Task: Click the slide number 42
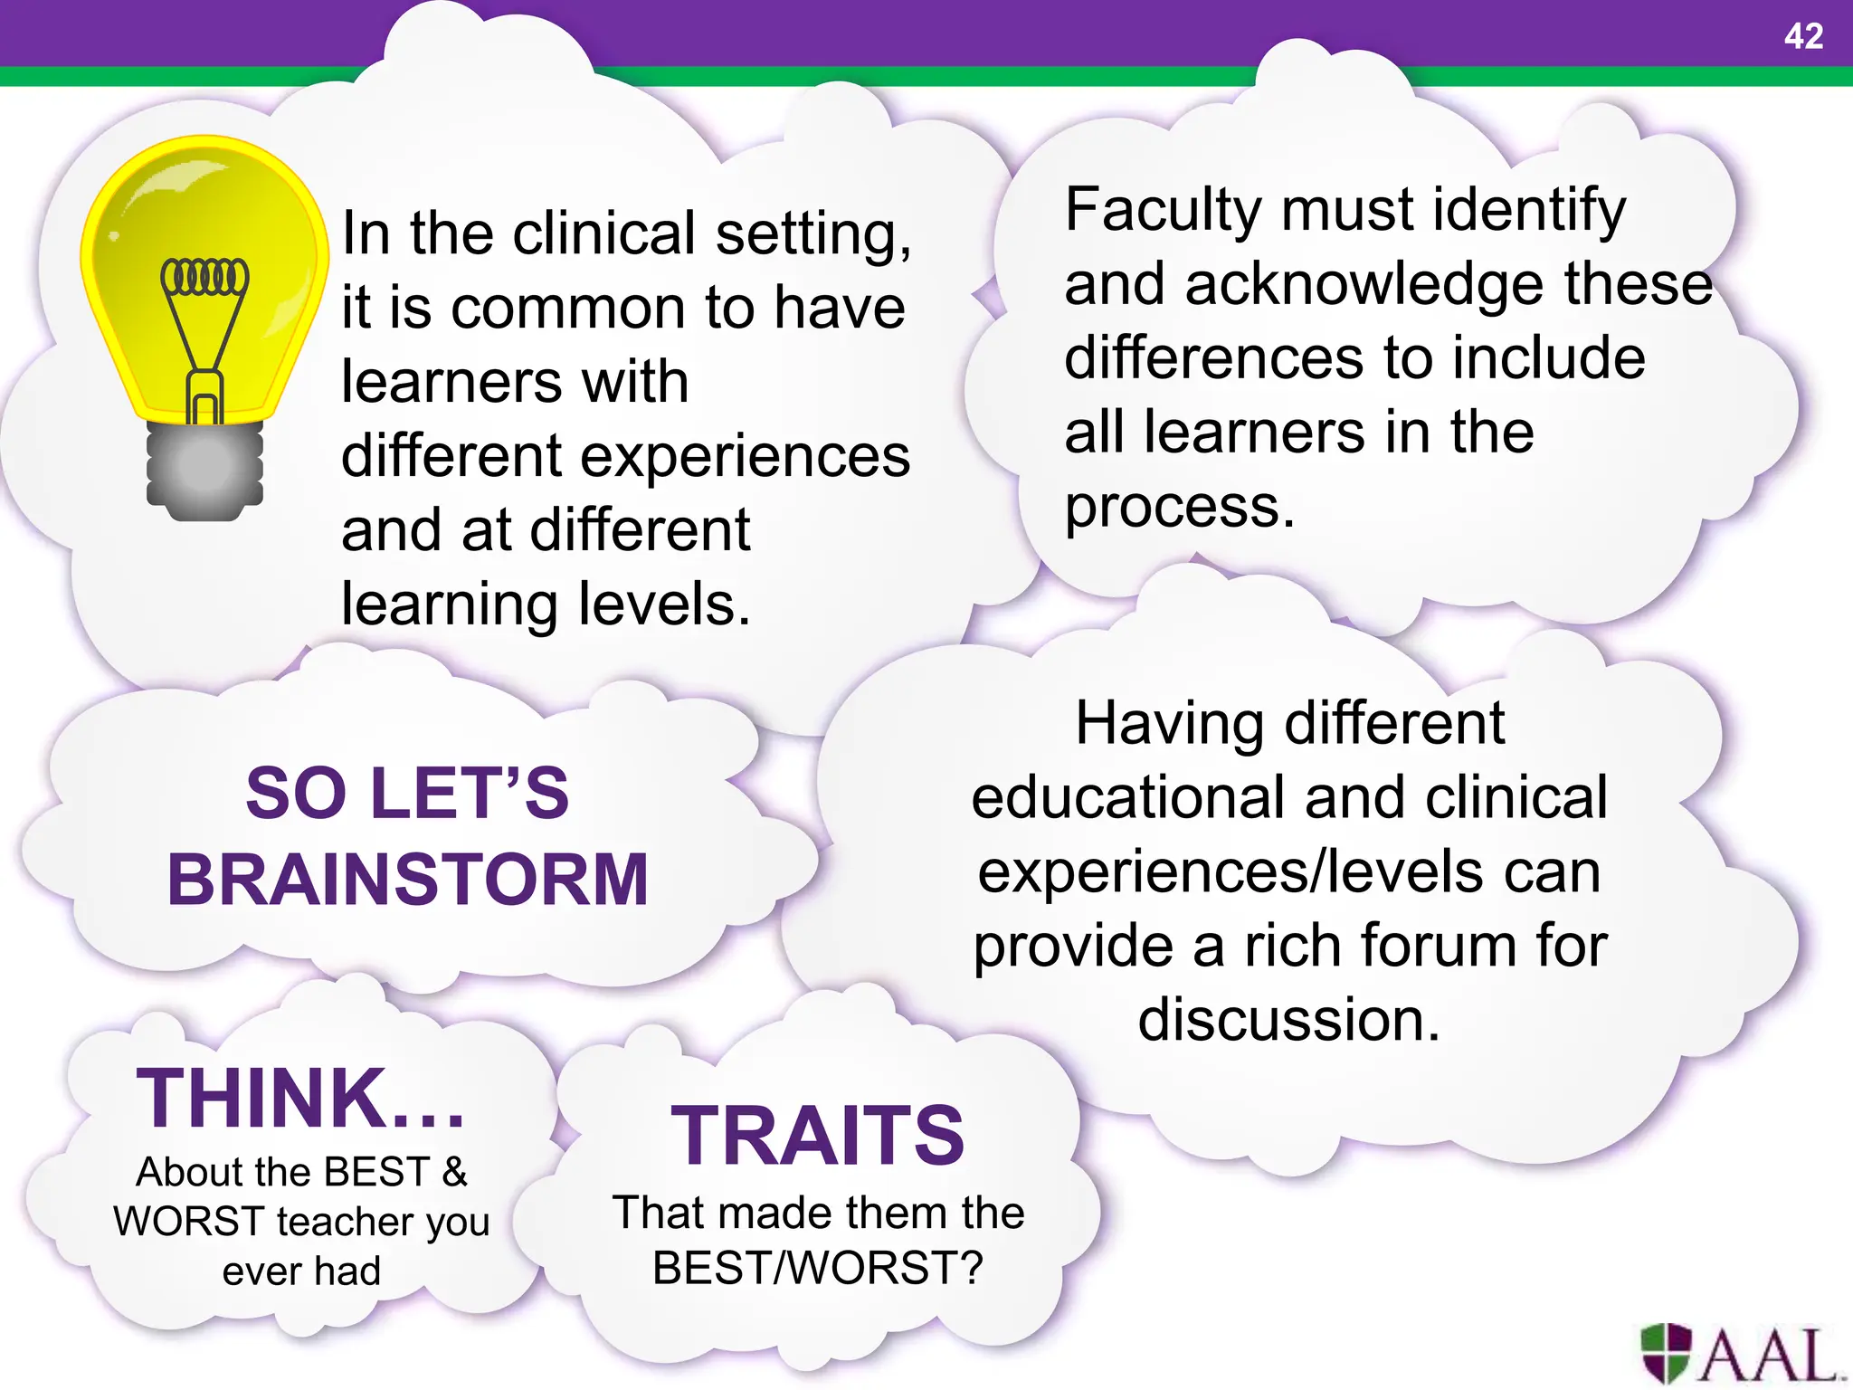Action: (x=1803, y=36)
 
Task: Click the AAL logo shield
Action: (x=1666, y=1352)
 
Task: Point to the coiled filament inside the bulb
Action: (x=204, y=277)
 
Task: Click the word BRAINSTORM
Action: (x=408, y=880)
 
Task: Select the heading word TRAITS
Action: (x=818, y=1136)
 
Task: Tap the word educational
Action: (x=1131, y=797)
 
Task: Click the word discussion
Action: (x=1288, y=1020)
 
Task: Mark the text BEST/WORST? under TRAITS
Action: (x=818, y=1268)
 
